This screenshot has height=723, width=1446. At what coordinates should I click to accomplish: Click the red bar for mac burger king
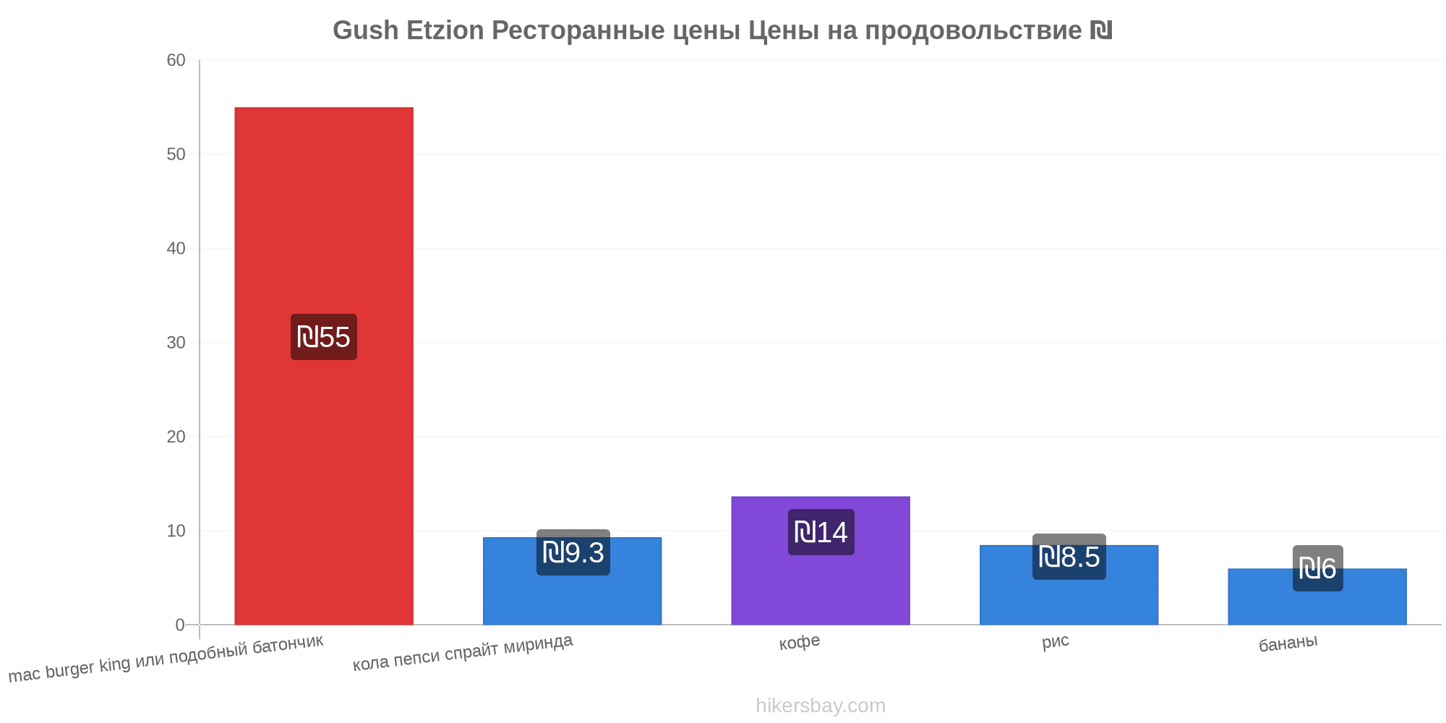point(324,366)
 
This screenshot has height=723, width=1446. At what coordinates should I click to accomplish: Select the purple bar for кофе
point(821,560)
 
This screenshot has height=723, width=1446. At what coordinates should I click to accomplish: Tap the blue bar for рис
point(1069,585)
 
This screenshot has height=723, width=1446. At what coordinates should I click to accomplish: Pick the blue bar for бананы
point(1317,596)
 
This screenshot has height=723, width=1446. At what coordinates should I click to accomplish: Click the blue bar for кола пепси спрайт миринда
point(572,581)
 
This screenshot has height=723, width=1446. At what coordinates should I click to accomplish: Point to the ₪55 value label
point(324,337)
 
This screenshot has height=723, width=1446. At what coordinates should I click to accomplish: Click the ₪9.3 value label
point(573,552)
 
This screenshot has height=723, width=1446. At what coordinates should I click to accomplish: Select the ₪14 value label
point(821,532)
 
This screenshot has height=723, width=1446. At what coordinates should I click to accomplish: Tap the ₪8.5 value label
point(1069,557)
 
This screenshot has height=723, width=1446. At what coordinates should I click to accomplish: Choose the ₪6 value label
point(1318,568)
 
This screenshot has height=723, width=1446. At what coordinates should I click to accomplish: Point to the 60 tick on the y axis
point(176,60)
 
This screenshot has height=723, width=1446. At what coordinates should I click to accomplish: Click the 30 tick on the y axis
point(176,343)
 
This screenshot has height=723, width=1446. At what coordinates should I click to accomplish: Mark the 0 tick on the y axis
point(181,625)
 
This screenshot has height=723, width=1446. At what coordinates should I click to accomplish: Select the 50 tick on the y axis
point(176,154)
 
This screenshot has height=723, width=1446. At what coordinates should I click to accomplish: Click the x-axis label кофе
point(800,642)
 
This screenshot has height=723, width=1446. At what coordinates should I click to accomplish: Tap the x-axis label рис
point(1056,642)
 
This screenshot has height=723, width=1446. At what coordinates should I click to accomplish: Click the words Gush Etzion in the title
point(408,30)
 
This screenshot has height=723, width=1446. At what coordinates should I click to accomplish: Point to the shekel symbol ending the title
point(1101,30)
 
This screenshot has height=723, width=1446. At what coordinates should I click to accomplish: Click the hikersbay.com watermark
point(821,706)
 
